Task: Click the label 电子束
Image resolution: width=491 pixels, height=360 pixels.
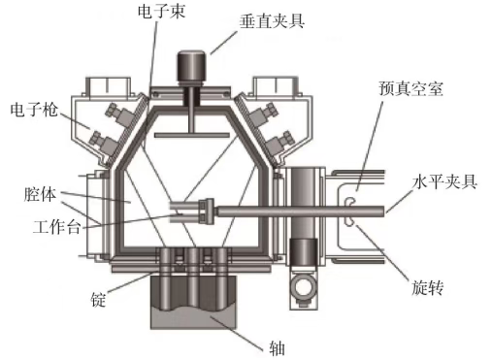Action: (161, 11)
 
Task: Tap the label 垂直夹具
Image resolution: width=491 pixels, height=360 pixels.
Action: (272, 21)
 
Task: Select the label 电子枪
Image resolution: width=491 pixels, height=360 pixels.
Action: (34, 110)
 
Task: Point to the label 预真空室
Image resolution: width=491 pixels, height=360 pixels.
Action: (410, 88)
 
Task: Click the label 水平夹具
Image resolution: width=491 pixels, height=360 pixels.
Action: (444, 181)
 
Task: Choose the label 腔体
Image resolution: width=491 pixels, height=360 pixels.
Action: (40, 194)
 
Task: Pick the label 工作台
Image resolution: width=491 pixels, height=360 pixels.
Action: (56, 226)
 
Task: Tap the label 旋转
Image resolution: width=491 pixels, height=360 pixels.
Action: (427, 287)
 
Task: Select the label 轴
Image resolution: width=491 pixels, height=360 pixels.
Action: (278, 348)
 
